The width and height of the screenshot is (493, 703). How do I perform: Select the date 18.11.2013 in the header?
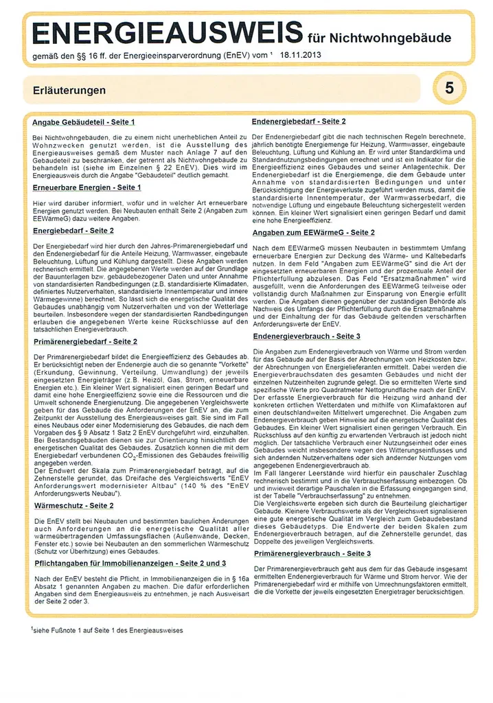click(301, 54)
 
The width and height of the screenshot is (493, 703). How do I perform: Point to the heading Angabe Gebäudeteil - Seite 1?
click(83, 122)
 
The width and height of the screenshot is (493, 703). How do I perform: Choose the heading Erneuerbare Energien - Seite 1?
click(87, 187)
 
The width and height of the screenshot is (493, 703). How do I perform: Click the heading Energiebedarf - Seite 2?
click(73, 231)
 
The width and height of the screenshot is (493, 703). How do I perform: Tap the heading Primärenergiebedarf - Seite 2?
click(85, 341)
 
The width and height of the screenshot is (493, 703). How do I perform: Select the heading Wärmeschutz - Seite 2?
click(73, 505)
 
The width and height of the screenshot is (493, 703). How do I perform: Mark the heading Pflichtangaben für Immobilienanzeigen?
click(130, 563)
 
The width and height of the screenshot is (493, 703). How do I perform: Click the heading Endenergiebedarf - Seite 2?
click(299, 122)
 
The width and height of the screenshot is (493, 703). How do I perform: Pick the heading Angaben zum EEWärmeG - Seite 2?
click(314, 233)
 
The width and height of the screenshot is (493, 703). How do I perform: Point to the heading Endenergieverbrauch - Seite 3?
click(306, 336)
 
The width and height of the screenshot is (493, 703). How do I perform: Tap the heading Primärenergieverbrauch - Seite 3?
click(312, 553)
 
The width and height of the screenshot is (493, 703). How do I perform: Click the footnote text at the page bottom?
click(107, 630)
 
